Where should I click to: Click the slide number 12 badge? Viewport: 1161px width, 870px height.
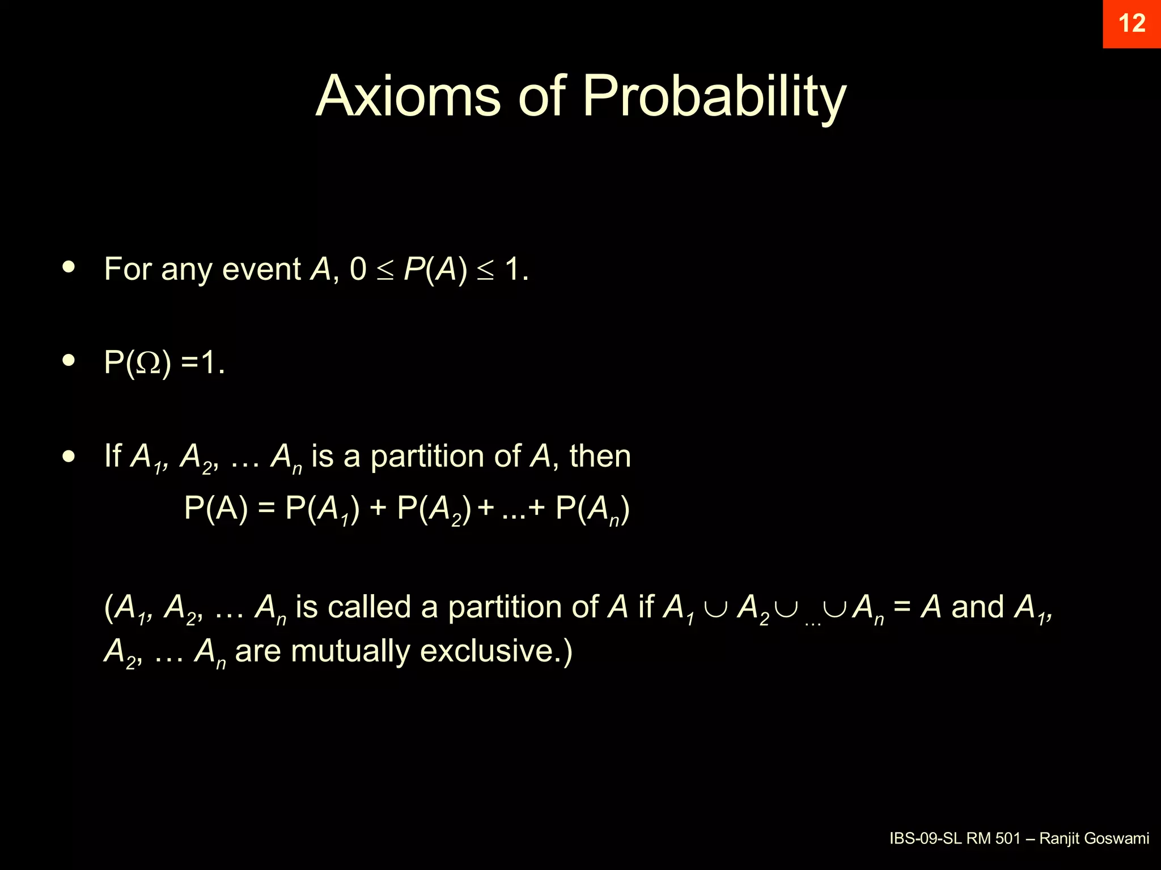1132,24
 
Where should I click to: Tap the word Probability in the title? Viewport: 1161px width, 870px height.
714,97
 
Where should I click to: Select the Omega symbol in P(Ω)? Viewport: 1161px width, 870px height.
149,363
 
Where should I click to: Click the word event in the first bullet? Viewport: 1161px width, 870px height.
261,269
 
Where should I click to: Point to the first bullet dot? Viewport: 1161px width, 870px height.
69,267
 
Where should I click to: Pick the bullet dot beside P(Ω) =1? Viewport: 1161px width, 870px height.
69,360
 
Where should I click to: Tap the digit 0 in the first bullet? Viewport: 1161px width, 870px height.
358,269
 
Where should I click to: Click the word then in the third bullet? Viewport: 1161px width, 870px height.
600,456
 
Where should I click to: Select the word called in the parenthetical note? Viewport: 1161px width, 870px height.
369,607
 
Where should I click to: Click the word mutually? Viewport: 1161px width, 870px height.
350,651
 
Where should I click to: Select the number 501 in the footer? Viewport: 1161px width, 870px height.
1008,838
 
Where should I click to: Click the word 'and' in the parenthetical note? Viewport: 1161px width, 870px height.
977,607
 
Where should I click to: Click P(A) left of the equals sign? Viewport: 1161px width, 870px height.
216,508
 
